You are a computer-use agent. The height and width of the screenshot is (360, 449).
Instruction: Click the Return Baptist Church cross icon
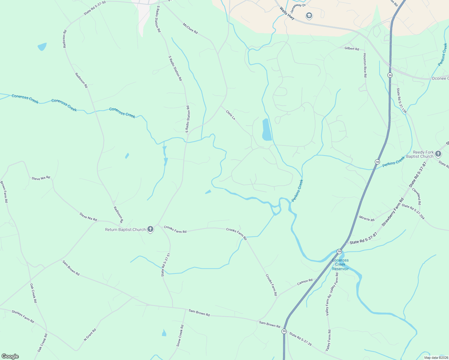[x=150, y=229]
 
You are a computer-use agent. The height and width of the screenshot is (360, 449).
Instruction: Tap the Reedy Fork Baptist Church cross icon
[x=438, y=154]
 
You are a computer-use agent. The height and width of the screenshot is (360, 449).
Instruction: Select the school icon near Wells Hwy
[x=309, y=16]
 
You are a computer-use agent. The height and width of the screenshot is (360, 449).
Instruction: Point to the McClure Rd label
[x=190, y=28]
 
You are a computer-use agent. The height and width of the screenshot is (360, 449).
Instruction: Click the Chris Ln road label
[x=231, y=115]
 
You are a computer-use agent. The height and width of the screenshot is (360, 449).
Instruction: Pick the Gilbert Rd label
[x=352, y=49]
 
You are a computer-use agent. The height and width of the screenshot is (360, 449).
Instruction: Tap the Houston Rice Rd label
[x=365, y=65]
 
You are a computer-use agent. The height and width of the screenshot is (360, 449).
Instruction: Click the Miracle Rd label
[x=367, y=219]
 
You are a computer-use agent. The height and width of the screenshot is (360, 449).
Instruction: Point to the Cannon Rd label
[x=305, y=282]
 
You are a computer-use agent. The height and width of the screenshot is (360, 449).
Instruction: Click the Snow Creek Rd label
[x=180, y=336]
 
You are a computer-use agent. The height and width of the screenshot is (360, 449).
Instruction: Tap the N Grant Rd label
[x=90, y=335]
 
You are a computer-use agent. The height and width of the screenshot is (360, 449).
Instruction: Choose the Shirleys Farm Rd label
[x=23, y=316]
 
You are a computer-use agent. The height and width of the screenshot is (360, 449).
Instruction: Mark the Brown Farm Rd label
[x=4, y=192]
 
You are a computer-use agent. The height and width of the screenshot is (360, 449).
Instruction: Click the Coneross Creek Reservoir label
[x=340, y=264]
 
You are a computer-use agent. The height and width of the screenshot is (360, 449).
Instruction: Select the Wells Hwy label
[x=287, y=13]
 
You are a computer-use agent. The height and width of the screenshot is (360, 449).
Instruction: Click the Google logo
[x=10, y=356]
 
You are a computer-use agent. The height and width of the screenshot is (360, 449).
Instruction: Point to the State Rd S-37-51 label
[x=166, y=265]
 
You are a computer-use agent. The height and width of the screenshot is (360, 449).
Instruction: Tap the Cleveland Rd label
[x=416, y=196]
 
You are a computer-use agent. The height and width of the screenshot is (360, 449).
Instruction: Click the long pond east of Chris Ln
[x=267, y=130]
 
